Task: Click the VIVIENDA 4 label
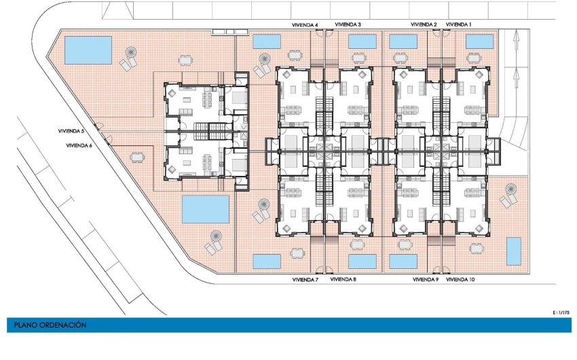click(305, 25)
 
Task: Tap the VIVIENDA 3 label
click(348, 25)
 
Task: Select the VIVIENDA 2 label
click(424, 25)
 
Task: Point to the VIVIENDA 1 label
click(459, 25)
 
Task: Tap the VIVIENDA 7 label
click(305, 279)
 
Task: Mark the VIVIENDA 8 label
click(343, 279)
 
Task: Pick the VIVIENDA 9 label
click(426, 279)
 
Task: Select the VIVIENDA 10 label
click(462, 279)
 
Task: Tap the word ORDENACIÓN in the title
click(65, 326)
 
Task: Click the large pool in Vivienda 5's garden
click(88, 49)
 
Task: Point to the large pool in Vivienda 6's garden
click(206, 209)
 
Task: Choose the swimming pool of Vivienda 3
click(362, 41)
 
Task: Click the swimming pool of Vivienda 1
click(479, 41)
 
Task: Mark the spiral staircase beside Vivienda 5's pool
click(130, 52)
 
